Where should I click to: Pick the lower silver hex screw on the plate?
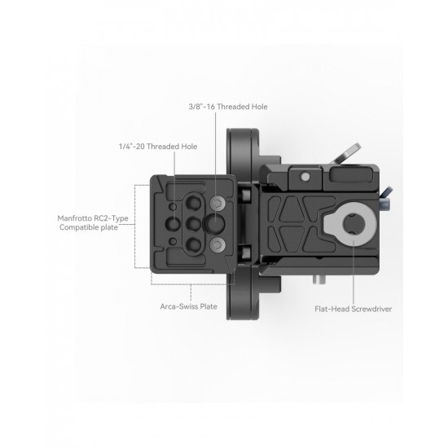(x=216, y=244)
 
